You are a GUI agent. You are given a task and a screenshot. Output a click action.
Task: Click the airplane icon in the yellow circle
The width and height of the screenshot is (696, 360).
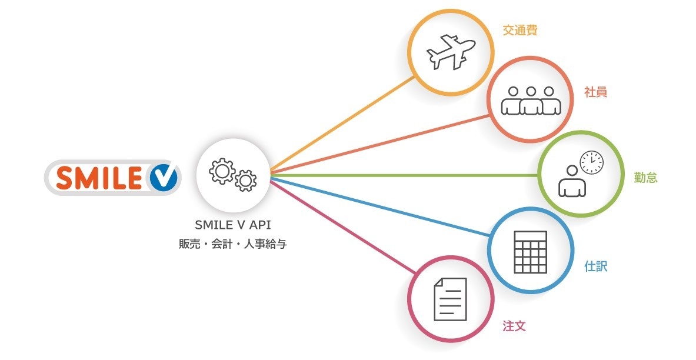pos(450,52)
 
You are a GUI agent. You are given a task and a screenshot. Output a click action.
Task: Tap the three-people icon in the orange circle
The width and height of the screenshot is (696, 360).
pos(531,101)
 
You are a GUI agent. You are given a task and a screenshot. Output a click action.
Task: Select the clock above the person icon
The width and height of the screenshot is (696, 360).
pos(592,162)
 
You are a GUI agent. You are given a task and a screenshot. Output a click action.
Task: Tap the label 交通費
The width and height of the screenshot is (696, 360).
pos(520,31)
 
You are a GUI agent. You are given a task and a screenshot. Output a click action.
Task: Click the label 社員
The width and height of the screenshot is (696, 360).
pos(595,92)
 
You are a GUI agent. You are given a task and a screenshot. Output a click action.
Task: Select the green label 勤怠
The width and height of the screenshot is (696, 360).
pos(645,178)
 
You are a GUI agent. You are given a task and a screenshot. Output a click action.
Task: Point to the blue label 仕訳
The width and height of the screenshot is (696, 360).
pos(595,266)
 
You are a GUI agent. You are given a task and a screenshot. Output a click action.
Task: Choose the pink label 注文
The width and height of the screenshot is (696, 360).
pos(514,325)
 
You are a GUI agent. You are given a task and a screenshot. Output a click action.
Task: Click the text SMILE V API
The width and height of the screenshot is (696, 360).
pos(232,225)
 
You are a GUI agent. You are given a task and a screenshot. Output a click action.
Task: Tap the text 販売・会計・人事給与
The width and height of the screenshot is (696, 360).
pos(232,244)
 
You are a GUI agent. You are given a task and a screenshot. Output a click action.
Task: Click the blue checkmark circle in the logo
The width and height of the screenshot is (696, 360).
pos(162,177)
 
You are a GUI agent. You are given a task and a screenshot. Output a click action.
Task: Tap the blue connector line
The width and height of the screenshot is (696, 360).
pos(382,206)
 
